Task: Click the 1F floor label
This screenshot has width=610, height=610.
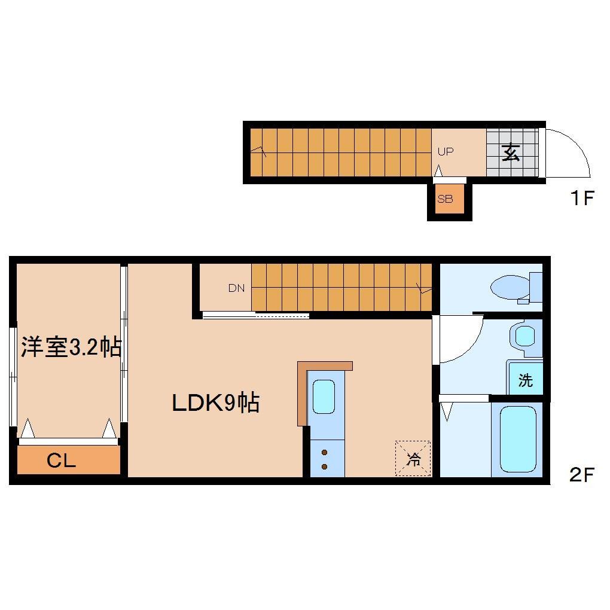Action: pos(581,199)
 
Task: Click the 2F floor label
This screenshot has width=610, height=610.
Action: pos(581,475)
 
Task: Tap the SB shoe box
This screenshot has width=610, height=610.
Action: pos(445,200)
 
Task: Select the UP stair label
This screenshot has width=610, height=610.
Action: pos(446,152)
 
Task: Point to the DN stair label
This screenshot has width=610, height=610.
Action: pos(236,288)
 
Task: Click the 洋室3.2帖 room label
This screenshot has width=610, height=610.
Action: pos(71,347)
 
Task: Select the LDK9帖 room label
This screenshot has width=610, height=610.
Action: pos(215,403)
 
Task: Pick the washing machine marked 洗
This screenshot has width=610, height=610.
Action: pos(525,380)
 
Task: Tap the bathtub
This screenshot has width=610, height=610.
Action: pos(517,440)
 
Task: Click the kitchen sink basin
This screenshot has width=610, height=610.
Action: pos(324,396)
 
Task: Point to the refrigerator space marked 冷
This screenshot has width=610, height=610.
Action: pos(413,459)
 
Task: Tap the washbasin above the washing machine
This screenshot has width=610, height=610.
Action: pos(524,337)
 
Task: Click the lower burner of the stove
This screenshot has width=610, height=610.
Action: pos(325,466)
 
